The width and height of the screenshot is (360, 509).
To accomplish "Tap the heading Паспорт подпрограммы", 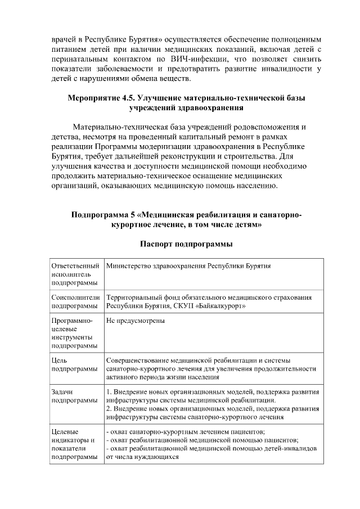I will click(x=186, y=244).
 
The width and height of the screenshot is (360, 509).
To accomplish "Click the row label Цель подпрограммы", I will click(x=67, y=364).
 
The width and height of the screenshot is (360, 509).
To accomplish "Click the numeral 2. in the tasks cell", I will click(x=109, y=409).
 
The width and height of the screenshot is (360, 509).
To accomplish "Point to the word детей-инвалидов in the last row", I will click(x=289, y=449).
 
